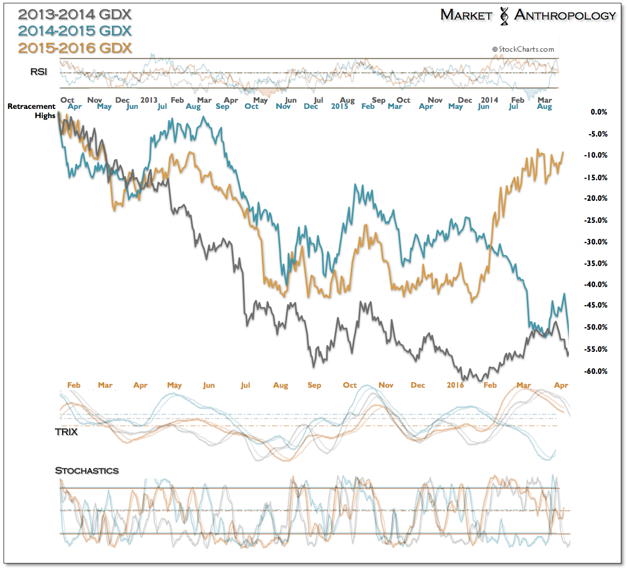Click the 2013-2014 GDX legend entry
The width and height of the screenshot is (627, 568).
pos(75,14)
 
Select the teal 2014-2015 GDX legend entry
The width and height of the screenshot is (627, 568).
pos(75,31)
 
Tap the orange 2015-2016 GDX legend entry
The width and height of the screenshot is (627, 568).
pos(75,48)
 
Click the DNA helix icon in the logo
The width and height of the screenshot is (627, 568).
pos(504,16)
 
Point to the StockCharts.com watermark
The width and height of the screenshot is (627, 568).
pos(523,49)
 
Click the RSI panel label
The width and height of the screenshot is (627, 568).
pos(39,72)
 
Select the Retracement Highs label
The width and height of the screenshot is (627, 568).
pos(32,111)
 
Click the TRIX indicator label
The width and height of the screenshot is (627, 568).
pos(66,432)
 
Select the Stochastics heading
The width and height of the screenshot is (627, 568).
pos(87,470)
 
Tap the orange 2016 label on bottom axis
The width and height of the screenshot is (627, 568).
pos(455,385)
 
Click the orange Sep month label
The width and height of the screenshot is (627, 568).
pos(314,385)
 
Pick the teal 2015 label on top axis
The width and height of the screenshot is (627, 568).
pos(339,106)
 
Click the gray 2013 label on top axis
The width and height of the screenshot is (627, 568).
pos(149,100)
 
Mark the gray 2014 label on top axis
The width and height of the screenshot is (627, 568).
pos(489,100)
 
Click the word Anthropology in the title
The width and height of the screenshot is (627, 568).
pos(565,15)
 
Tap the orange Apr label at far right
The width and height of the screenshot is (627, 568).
pos(561,385)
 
